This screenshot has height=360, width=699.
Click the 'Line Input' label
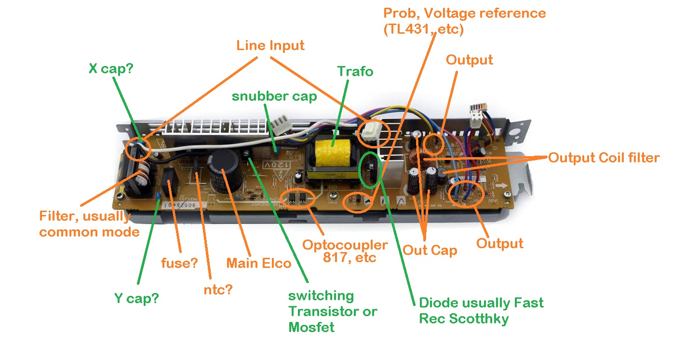tap(270, 46)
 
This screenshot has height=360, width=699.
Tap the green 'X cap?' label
tap(111, 68)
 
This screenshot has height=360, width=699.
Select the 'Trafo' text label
tap(355, 71)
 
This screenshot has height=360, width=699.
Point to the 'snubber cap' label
tap(274, 96)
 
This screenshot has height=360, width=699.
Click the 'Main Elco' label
tap(259, 263)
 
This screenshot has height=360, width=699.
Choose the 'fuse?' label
tap(179, 263)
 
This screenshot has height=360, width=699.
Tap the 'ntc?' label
tap(218, 290)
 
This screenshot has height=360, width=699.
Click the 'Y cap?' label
tap(136, 298)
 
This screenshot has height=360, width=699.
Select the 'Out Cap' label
tap(430, 250)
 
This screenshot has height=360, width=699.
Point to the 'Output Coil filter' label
tap(604, 158)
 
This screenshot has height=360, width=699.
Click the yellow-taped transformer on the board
tap(333, 153)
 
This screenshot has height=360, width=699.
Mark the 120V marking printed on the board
tap(277, 165)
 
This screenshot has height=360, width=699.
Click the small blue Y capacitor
tap(158, 196)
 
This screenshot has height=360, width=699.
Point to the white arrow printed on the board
tap(501, 186)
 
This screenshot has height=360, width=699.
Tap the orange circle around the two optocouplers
tap(297, 199)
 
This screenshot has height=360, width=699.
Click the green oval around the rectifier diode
tap(371, 170)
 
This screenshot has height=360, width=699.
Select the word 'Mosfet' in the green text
tap(311, 327)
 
